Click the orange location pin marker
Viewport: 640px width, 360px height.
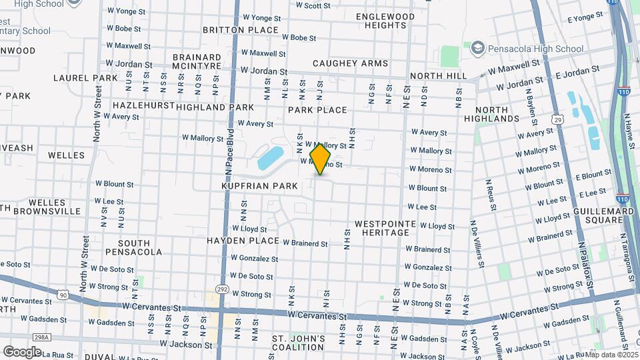320,159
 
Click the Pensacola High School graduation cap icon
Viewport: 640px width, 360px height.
477,48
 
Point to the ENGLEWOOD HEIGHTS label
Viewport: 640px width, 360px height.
385,21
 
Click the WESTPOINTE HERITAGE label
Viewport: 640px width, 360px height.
381,228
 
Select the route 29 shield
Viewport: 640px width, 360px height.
557,119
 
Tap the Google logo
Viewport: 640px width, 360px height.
22,351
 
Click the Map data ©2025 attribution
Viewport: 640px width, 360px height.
611,355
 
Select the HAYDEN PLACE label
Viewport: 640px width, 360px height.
243,240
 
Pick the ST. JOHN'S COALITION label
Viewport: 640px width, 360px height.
299,343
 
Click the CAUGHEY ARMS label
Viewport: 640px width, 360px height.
350,63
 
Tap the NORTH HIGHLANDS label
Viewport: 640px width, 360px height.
497,114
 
